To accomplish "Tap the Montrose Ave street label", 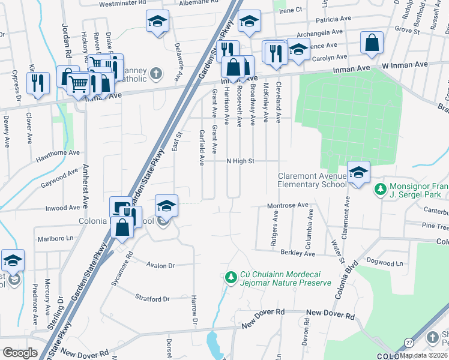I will click(x=287, y=205).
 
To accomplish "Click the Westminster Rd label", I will click(x=122, y=3).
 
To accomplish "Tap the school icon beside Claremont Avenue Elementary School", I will click(x=358, y=172).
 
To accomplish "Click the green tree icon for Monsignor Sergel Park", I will click(x=379, y=190).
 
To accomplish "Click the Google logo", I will click(x=20, y=352).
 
